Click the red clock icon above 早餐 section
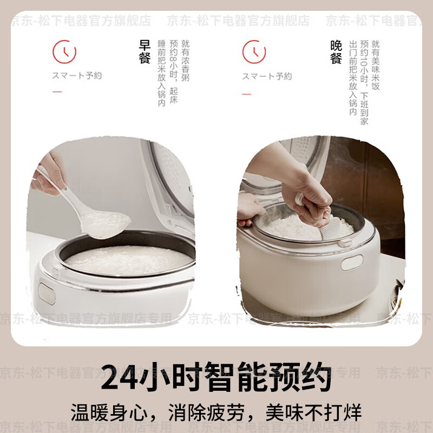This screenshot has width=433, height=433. pyautogui.click(x=64, y=51)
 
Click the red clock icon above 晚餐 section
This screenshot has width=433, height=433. pyautogui.click(x=254, y=51)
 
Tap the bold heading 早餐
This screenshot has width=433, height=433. pyautogui.click(x=145, y=53)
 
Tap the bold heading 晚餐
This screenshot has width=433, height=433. pyautogui.click(x=336, y=53)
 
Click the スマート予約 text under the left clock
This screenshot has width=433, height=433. pyautogui.click(x=77, y=76)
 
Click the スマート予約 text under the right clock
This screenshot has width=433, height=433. pyautogui.click(x=267, y=76)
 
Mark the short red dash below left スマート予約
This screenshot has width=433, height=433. pyautogui.click(x=57, y=92)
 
